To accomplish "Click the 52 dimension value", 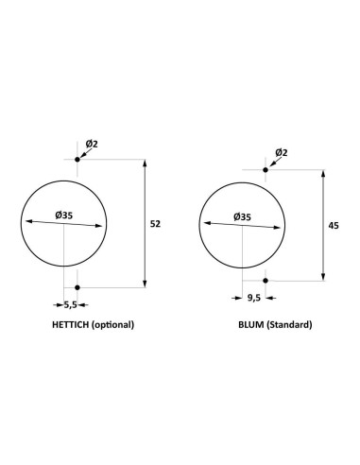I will [x=155, y=224].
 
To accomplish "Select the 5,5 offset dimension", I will [x=71, y=304].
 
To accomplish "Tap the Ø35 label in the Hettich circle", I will [x=65, y=215].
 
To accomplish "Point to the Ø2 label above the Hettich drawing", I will [x=91, y=144].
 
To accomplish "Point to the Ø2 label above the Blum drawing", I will [x=281, y=152].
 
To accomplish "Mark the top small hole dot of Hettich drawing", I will [x=78, y=161].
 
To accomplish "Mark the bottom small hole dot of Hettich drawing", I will [x=78, y=286].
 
